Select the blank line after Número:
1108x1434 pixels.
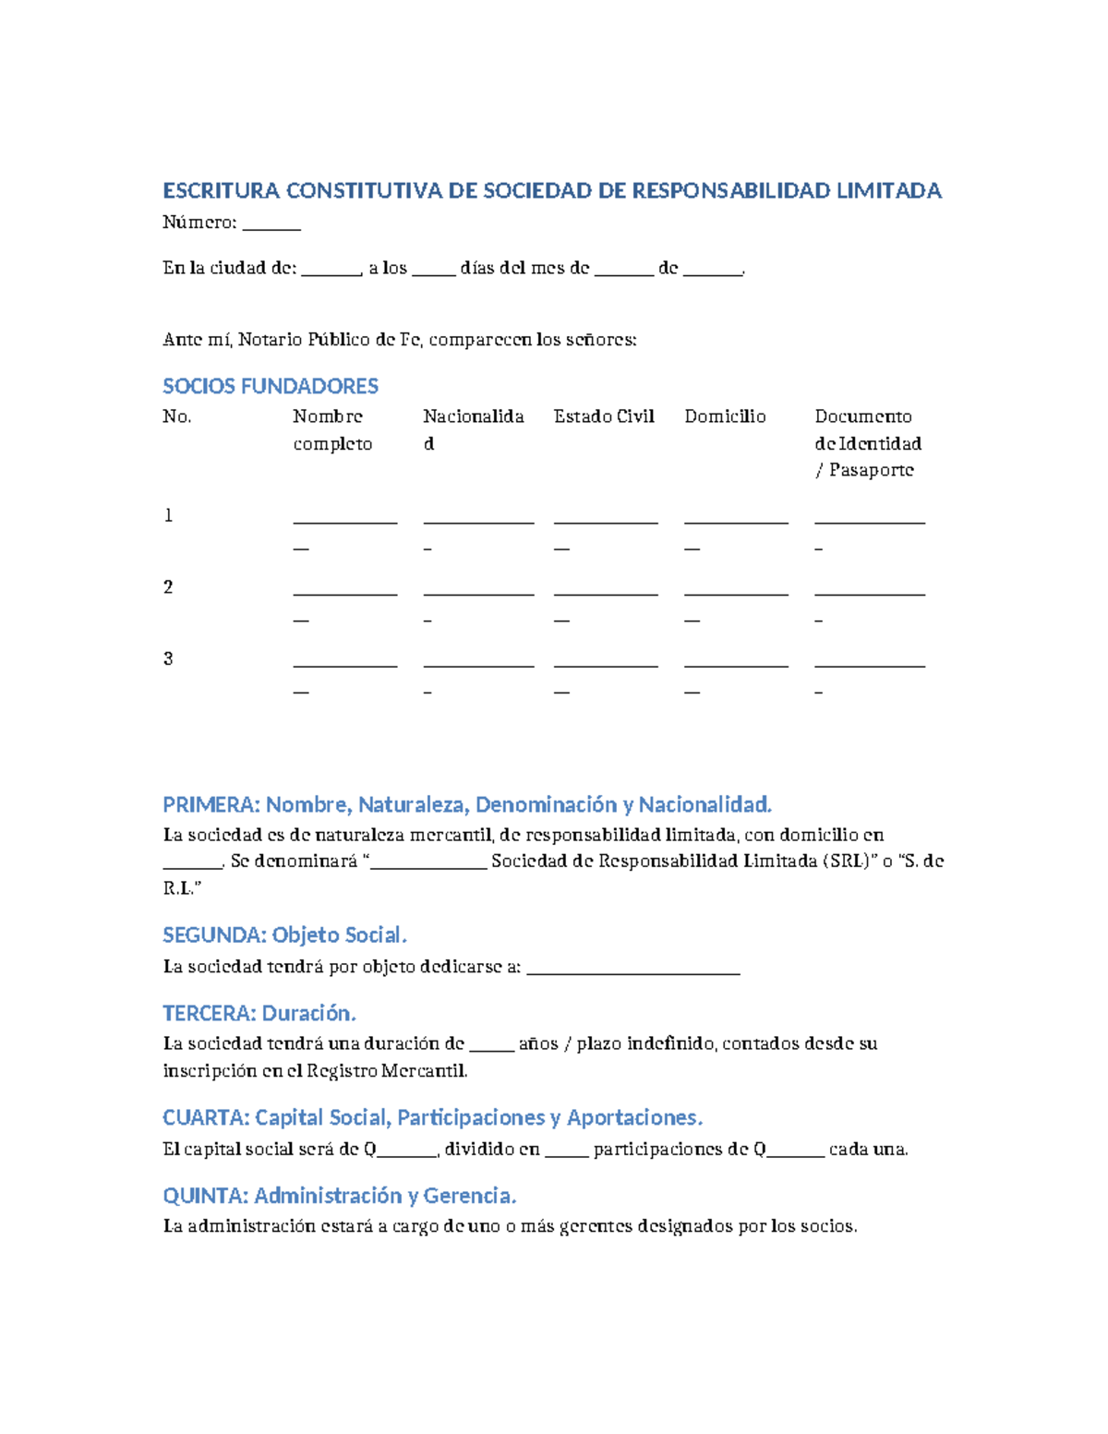click(x=271, y=226)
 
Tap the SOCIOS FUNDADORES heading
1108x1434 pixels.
click(x=271, y=386)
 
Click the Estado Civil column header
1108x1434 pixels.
click(x=604, y=416)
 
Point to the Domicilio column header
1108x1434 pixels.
click(x=725, y=416)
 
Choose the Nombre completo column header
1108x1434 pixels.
click(x=332, y=430)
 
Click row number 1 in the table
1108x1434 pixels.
click(x=168, y=515)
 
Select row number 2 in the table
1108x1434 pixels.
click(x=168, y=587)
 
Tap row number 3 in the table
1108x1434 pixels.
click(x=168, y=658)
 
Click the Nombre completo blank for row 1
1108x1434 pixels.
click(x=345, y=522)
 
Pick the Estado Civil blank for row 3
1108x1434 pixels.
click(x=606, y=665)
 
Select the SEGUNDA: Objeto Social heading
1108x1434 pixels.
click(x=284, y=935)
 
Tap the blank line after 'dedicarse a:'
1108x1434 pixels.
click(x=633, y=971)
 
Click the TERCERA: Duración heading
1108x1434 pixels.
click(x=259, y=1014)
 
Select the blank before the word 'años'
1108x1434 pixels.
click(x=491, y=1049)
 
